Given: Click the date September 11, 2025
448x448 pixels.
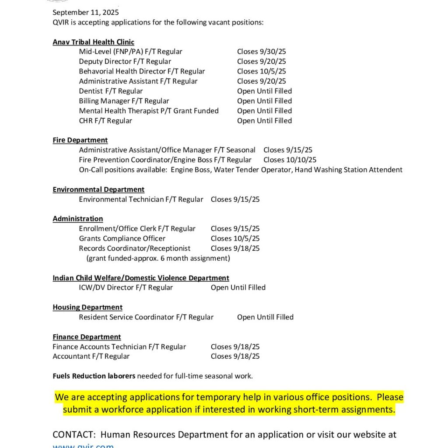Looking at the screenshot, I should (x=86, y=13).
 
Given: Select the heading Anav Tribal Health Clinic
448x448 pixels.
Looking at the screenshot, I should (x=93, y=42).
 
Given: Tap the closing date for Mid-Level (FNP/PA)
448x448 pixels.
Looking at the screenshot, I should (x=261, y=52).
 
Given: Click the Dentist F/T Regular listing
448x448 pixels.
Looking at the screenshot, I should (x=111, y=91).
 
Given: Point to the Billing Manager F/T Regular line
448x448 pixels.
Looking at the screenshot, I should (x=124, y=101).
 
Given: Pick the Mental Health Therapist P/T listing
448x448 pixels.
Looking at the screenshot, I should (x=149, y=111).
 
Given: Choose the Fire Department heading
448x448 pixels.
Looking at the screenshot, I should (x=80, y=140).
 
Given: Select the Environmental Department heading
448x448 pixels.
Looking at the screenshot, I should (x=98, y=189).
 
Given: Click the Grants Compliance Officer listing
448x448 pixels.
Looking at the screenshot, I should (x=122, y=238).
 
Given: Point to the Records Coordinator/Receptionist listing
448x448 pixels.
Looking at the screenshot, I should (x=134, y=248).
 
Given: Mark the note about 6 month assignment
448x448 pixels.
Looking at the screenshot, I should (x=158, y=258).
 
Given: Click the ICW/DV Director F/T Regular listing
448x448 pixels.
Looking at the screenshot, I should (x=126, y=287).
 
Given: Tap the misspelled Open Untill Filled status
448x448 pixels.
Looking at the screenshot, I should (x=265, y=317).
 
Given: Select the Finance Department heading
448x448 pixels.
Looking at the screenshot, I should (x=87, y=337).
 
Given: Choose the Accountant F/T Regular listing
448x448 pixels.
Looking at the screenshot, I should (x=91, y=356).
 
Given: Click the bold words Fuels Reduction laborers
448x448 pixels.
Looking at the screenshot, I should (x=94, y=376).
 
